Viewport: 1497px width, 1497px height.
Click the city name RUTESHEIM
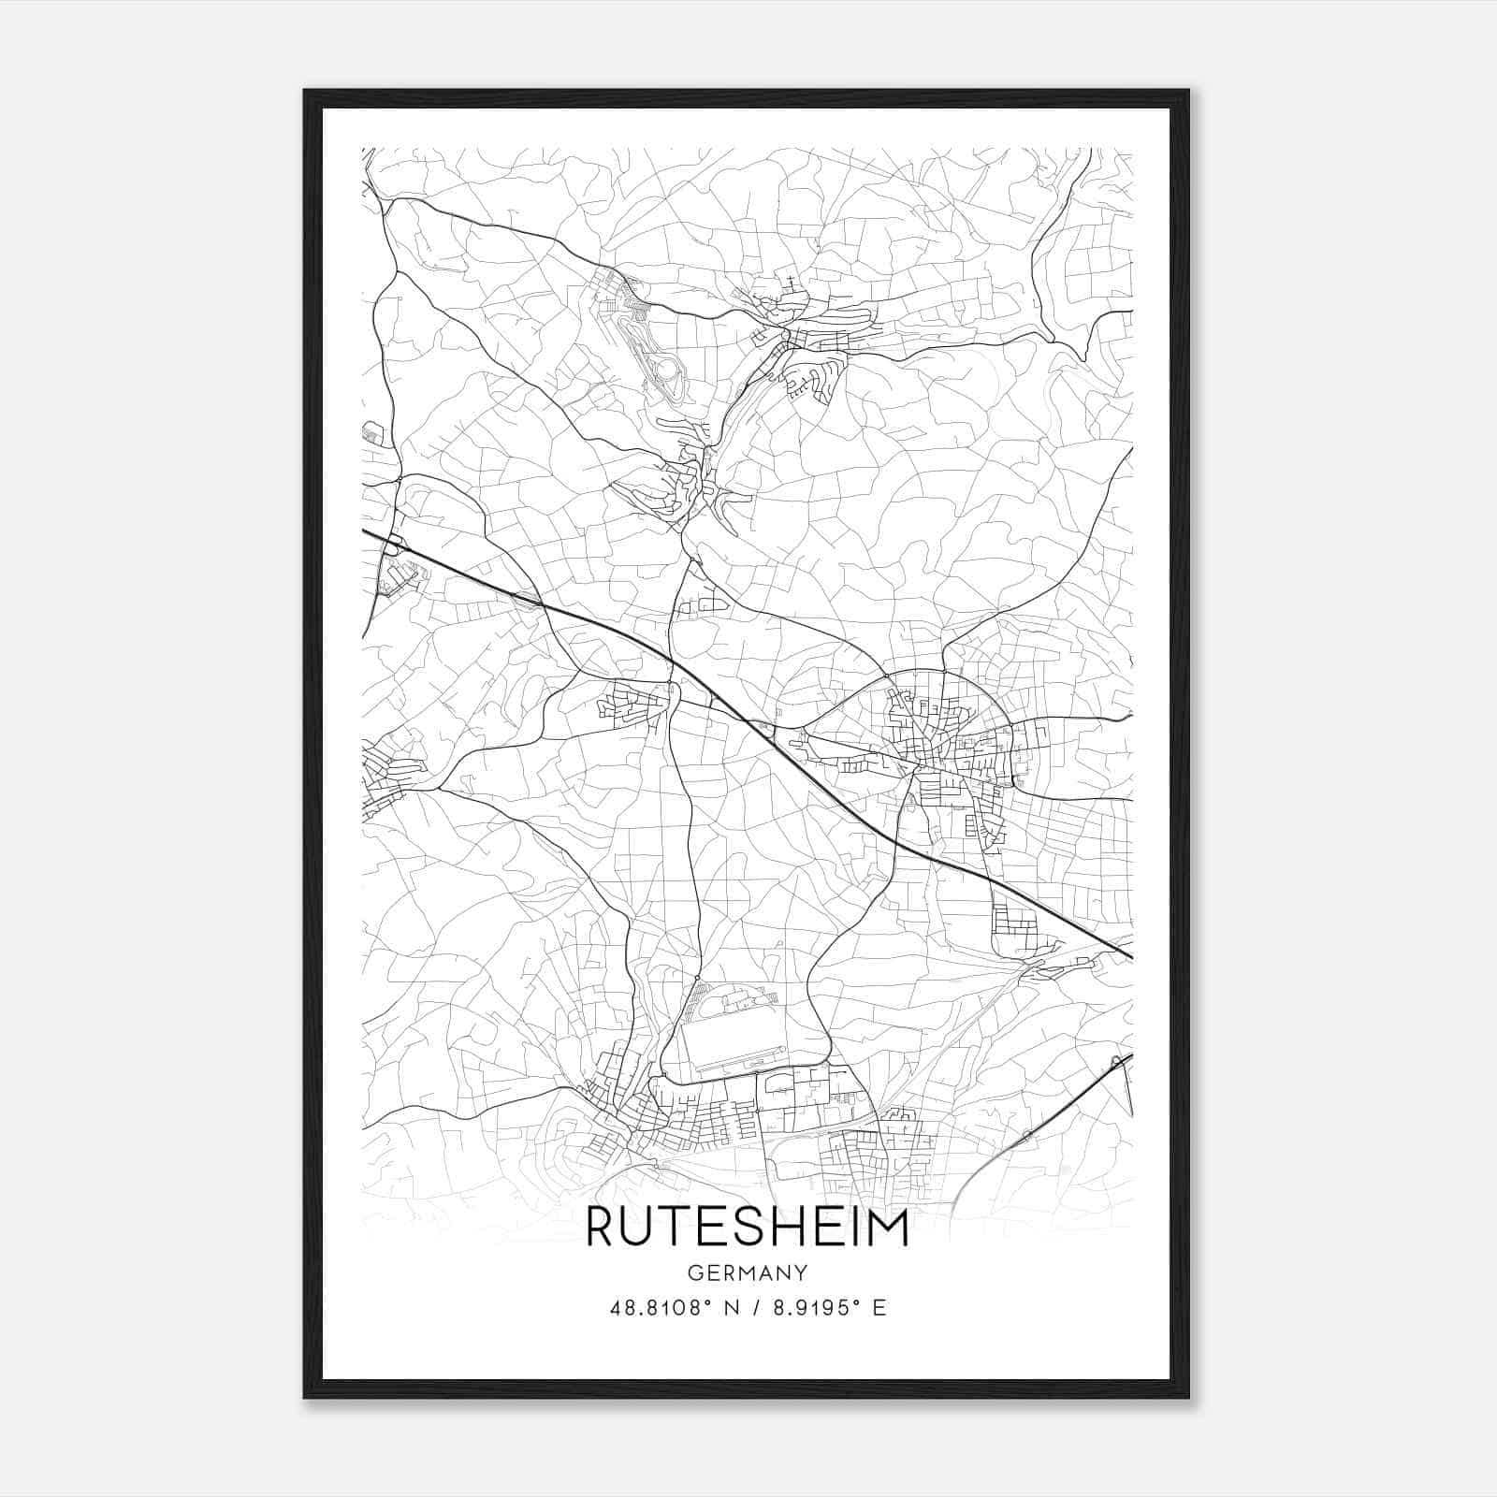pos(747,1228)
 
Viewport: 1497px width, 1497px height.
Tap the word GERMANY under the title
pos(747,1272)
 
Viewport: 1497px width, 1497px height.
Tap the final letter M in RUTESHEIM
pos(888,1228)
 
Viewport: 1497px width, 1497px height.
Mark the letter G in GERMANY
pos(693,1272)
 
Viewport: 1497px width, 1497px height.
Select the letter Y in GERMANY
pos(801,1272)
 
